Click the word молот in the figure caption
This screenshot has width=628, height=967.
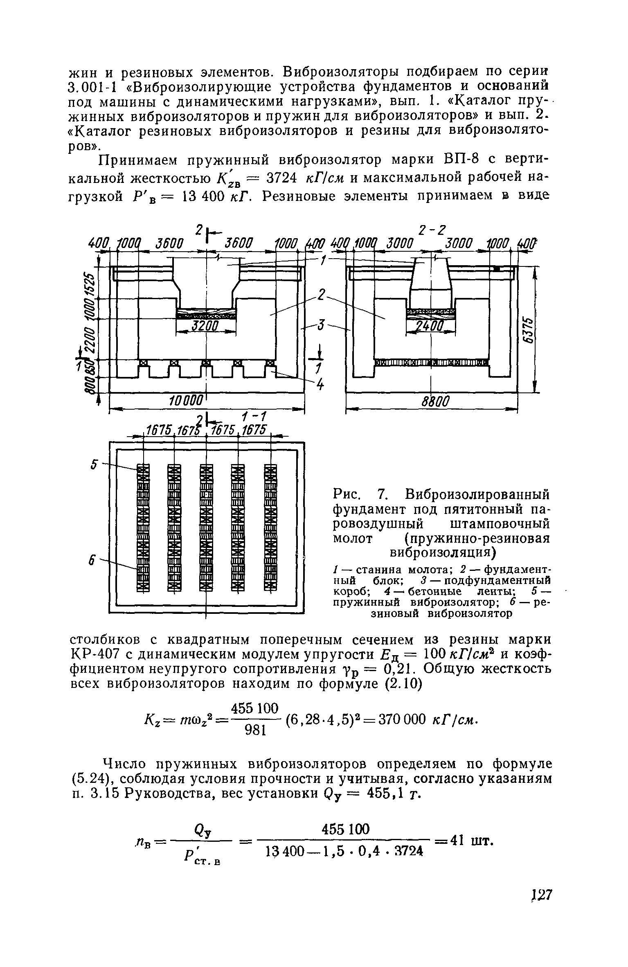(353, 538)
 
